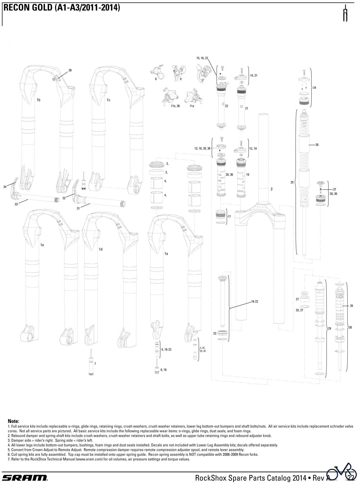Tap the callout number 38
(70, 70)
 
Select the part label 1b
(38, 100)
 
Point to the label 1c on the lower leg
(108, 100)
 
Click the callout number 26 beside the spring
(317, 145)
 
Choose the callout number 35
(351, 306)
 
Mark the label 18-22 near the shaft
(255, 302)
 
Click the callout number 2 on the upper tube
(271, 189)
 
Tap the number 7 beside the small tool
(95, 364)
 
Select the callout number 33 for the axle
(16, 204)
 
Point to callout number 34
(5, 187)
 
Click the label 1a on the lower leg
(166, 254)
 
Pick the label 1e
(42, 245)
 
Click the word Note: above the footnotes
(13, 421)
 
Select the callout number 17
(229, 216)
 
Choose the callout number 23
(215, 333)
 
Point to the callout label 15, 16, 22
(202, 58)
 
